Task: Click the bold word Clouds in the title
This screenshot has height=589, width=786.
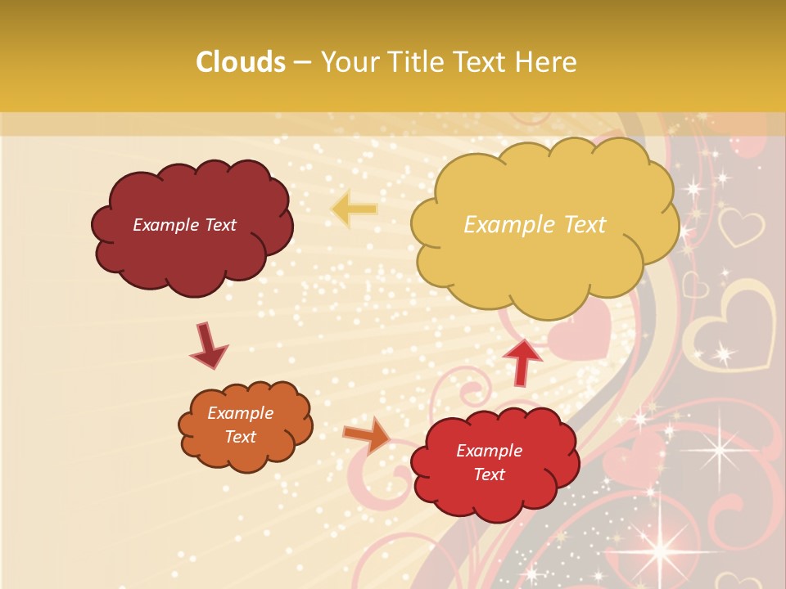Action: pyautogui.click(x=241, y=62)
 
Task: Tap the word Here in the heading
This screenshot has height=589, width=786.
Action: pyautogui.click(x=549, y=62)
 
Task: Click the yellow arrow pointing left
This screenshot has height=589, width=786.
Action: pyautogui.click(x=354, y=209)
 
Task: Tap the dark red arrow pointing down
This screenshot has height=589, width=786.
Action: pyautogui.click(x=207, y=345)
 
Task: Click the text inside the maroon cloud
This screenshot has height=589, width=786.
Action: pyautogui.click(x=184, y=225)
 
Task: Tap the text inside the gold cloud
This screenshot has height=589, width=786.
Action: pyautogui.click(x=535, y=225)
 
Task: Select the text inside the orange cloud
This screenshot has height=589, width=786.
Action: pyautogui.click(x=240, y=425)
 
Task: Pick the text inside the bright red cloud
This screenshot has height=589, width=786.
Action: pyautogui.click(x=489, y=462)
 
